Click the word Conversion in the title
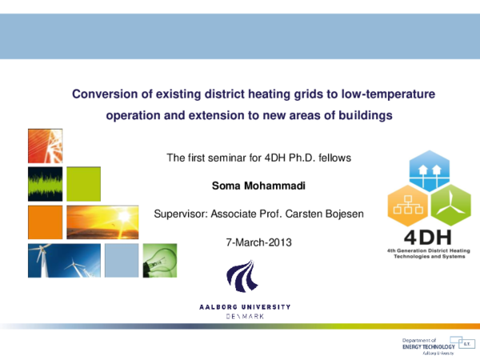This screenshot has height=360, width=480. pos(102,94)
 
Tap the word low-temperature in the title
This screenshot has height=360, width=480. pos(388,94)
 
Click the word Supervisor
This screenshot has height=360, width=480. pos(178,214)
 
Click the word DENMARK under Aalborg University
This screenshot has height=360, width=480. pos(245,317)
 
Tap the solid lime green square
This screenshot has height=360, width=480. pos(82,184)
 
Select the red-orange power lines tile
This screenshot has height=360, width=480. pos(45,146)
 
